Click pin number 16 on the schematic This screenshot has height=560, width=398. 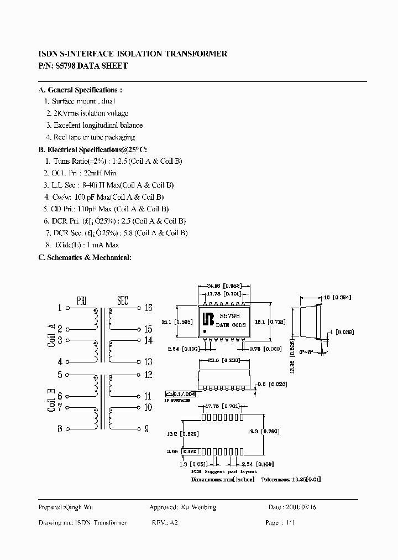[148, 308]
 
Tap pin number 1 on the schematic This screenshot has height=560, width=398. [60, 308]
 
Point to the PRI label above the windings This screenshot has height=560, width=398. [81, 301]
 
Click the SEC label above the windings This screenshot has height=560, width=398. [122, 301]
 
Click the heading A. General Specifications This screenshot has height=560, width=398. [80, 90]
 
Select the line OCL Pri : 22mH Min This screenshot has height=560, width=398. [84, 173]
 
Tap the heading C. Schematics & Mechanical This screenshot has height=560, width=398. [85, 257]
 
